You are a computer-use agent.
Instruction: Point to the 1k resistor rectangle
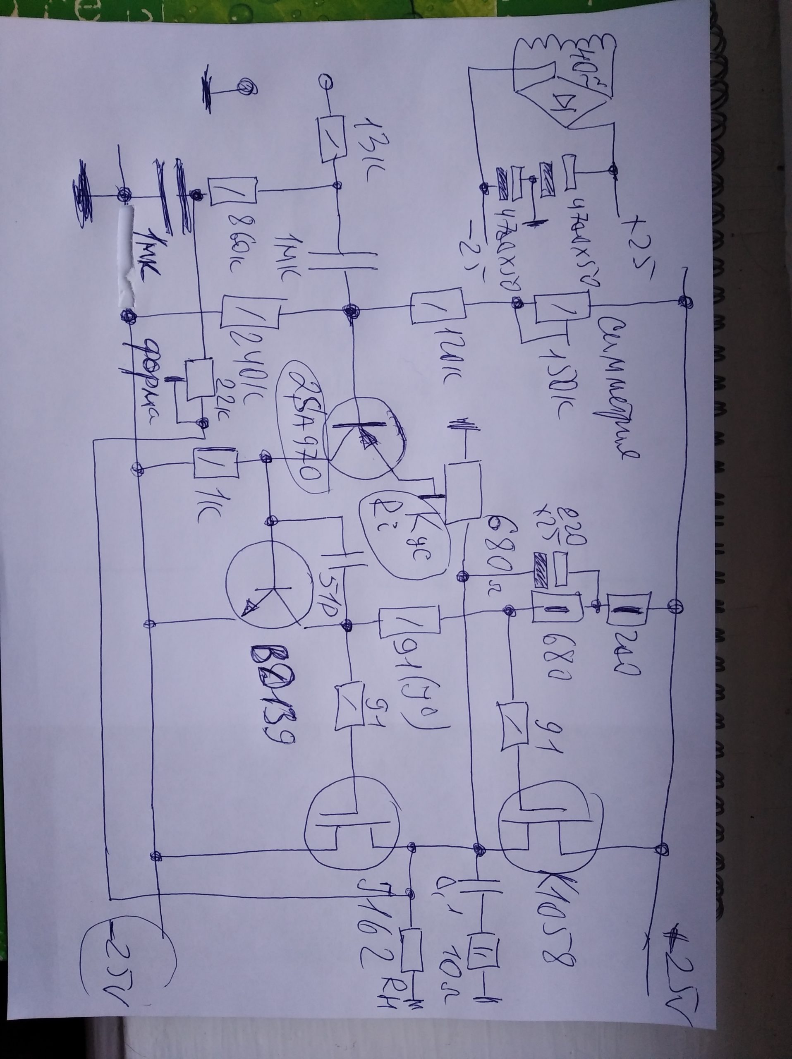(x=216, y=462)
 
